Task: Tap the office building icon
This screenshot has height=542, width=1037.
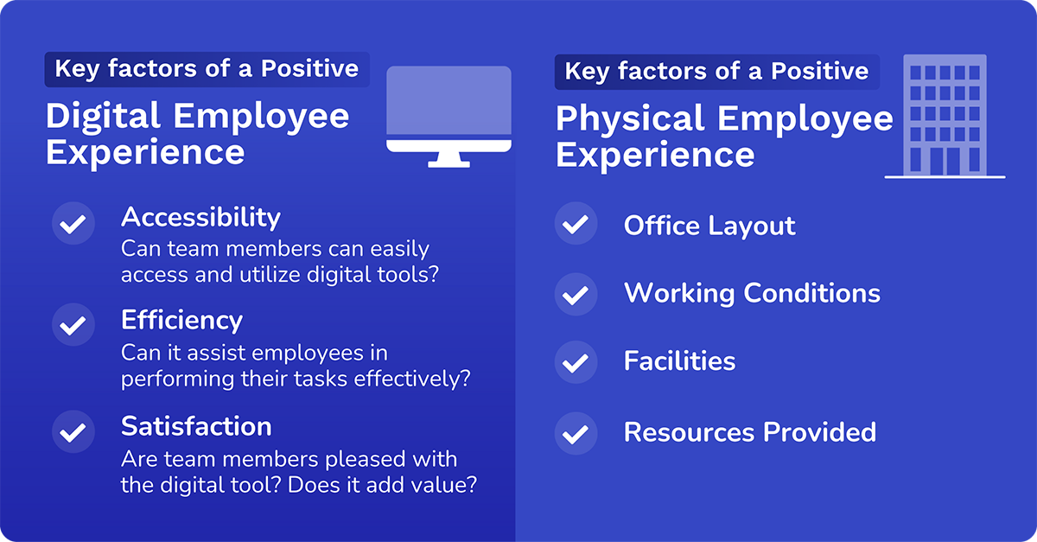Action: pyautogui.click(x=945, y=117)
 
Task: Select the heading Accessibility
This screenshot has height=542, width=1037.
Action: pyautogui.click(x=200, y=216)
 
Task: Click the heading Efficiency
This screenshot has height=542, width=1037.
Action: pyautogui.click(x=181, y=320)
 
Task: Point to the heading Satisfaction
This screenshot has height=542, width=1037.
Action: pyautogui.click(x=196, y=426)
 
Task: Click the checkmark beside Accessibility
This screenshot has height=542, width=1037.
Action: pyautogui.click(x=73, y=224)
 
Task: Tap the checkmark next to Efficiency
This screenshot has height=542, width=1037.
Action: pyautogui.click(x=73, y=325)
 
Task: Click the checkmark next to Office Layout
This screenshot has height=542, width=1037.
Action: pyautogui.click(x=576, y=225)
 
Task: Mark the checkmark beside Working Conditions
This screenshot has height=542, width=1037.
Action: pyautogui.click(x=576, y=294)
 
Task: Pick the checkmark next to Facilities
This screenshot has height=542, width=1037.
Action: pyautogui.click(x=576, y=361)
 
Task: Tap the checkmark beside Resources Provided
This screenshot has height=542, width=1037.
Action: pyautogui.click(x=576, y=432)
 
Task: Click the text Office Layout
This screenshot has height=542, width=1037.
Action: pyautogui.click(x=709, y=226)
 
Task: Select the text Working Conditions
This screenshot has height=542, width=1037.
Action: pyautogui.click(x=752, y=293)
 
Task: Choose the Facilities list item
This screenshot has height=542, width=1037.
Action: pyautogui.click(x=679, y=360)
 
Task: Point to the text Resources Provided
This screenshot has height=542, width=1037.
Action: pyautogui.click(x=749, y=431)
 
